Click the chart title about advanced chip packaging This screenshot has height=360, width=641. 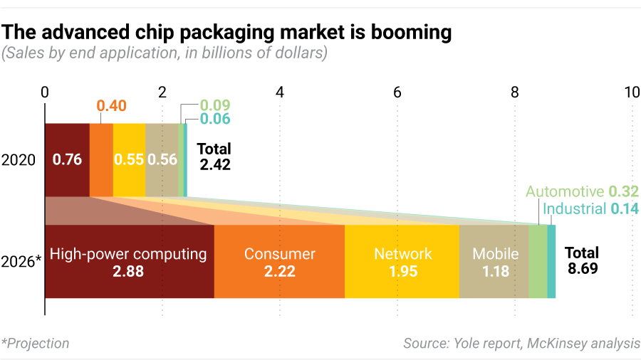coord(227,32)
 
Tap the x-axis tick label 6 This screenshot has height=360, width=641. coord(397,92)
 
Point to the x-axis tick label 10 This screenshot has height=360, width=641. coord(631,92)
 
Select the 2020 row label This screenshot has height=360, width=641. coord(19,160)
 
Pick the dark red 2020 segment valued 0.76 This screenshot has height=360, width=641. coord(67,159)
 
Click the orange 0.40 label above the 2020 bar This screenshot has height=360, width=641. coord(111,106)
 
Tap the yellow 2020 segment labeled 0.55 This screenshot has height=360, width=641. coord(129,159)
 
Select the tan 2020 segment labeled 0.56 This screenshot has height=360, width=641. coord(162,159)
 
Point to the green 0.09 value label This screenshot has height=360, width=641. coord(215,105)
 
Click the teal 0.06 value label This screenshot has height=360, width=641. coord(215,119)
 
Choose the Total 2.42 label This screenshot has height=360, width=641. coord(214,157)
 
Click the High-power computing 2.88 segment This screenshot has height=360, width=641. coord(129,261)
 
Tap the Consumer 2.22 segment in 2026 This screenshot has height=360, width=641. coord(279,261)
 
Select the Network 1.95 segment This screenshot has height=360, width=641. coord(402,261)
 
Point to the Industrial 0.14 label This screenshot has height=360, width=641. coord(585,208)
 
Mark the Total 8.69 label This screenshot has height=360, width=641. coord(582,260)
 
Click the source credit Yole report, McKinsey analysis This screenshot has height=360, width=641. coord(521,344)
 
